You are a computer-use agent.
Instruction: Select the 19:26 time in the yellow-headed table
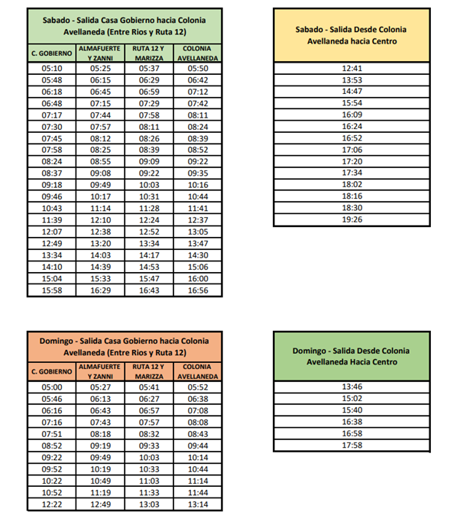pos(351,220)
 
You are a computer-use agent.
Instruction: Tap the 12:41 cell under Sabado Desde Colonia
pos(351,68)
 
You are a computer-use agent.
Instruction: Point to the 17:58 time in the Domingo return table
pos(351,445)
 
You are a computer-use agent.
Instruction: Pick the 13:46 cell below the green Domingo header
pos(351,387)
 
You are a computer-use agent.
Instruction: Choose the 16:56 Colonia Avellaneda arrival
pos(198,290)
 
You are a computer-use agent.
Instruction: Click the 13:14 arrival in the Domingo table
pos(198,504)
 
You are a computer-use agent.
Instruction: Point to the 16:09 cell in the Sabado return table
pos(351,115)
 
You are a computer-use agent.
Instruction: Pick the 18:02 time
pos(351,185)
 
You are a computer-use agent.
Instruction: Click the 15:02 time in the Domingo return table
pos(351,398)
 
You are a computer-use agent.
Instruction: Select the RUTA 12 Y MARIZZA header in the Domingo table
pos(148,371)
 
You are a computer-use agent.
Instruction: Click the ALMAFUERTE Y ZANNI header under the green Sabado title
pos(100,53)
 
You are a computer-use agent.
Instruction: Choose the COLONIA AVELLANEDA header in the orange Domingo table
pos(198,371)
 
